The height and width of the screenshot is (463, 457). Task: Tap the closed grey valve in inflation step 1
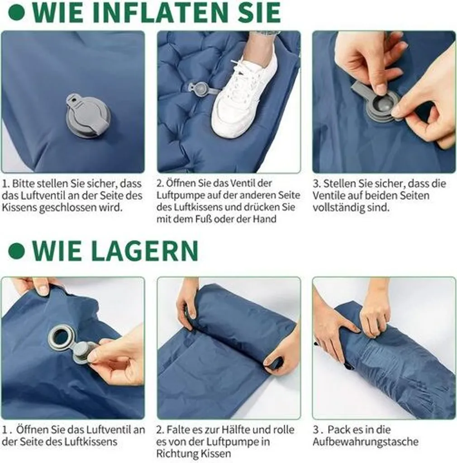[88, 116]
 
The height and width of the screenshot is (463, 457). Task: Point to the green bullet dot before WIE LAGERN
[17, 251]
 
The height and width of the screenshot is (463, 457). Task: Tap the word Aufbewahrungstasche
[366, 442]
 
